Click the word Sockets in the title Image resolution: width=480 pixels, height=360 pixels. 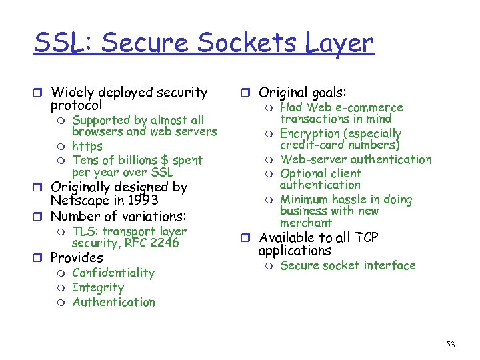click(237, 43)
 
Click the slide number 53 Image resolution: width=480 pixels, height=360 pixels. click(451, 344)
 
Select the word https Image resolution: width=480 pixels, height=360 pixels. click(87, 146)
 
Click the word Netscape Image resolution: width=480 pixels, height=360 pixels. click(79, 200)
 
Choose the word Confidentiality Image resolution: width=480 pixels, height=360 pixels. click(113, 273)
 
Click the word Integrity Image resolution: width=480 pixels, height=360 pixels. click(98, 287)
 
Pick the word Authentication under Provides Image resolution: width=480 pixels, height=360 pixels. click(113, 302)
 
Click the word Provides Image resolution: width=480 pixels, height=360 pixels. click(77, 257)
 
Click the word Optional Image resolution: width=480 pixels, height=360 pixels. click(303, 173)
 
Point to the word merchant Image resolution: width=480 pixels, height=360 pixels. click(306, 223)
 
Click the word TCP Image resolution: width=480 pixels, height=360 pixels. click(363, 238)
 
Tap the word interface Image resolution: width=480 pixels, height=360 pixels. click(391, 265)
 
